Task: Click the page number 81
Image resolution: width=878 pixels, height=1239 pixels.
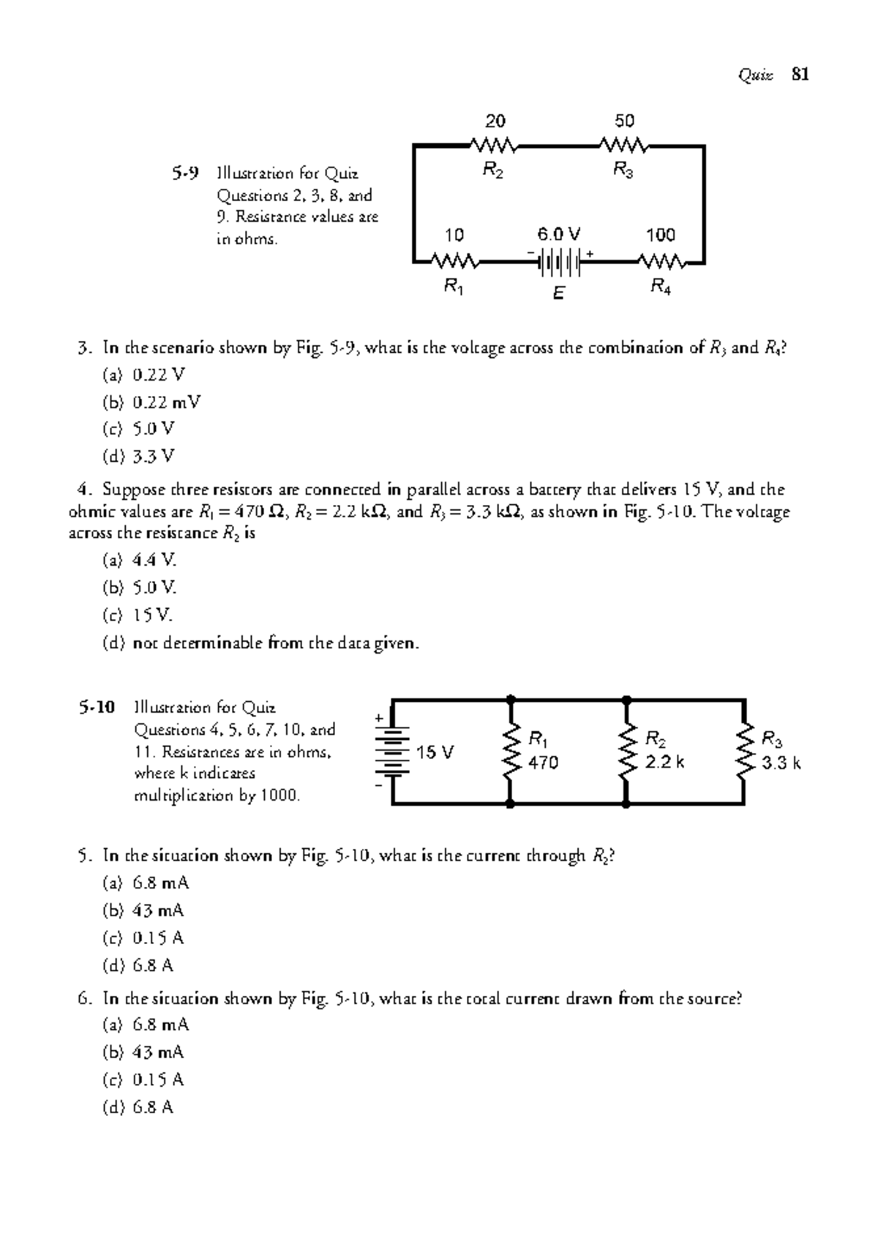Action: (800, 75)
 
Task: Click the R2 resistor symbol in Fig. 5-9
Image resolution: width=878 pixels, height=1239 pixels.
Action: (495, 146)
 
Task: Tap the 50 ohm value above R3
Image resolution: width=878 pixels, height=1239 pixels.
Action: (624, 121)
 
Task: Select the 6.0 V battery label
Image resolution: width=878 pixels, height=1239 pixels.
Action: (558, 234)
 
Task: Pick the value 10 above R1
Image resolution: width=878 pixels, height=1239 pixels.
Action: (454, 235)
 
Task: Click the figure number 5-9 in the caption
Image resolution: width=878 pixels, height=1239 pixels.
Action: (185, 173)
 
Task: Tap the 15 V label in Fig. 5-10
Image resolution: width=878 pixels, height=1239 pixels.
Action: (435, 752)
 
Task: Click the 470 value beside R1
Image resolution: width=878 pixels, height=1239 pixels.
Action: (543, 763)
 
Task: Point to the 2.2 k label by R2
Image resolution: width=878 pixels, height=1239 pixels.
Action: (664, 763)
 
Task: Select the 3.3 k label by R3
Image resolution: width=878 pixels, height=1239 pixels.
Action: (781, 763)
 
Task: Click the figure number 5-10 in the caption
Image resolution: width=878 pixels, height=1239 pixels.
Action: (97, 708)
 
